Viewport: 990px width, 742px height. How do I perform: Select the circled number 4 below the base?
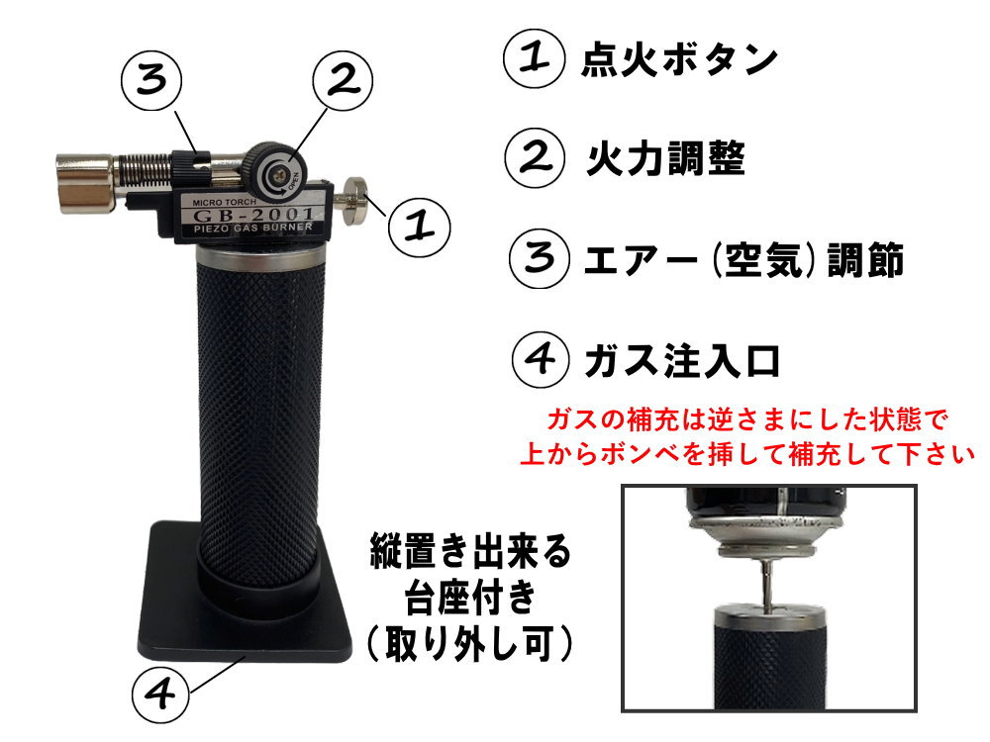[x=160, y=695]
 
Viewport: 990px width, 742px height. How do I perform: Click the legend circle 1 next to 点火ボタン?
[x=536, y=59]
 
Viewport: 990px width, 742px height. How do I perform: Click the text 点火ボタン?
[x=678, y=60]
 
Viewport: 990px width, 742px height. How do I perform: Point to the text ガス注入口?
[x=682, y=359]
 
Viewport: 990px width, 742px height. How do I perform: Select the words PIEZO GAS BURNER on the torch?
[x=247, y=231]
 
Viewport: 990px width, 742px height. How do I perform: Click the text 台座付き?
[x=470, y=596]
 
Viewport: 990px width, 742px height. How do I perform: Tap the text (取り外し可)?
[x=470, y=645]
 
